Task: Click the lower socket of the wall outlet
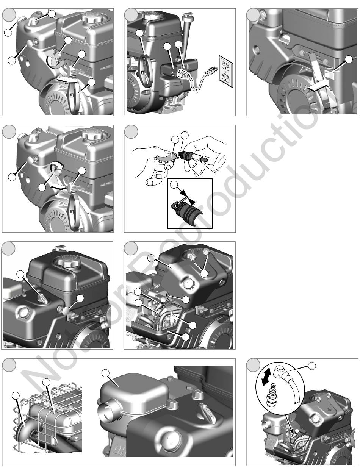tap(226, 77)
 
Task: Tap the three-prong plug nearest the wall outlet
tap(212, 70)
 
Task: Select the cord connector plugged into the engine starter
tap(183, 74)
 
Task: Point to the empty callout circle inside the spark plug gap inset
tap(174, 185)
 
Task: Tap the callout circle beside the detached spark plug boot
tap(312, 366)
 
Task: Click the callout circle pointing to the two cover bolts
tap(204, 273)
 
